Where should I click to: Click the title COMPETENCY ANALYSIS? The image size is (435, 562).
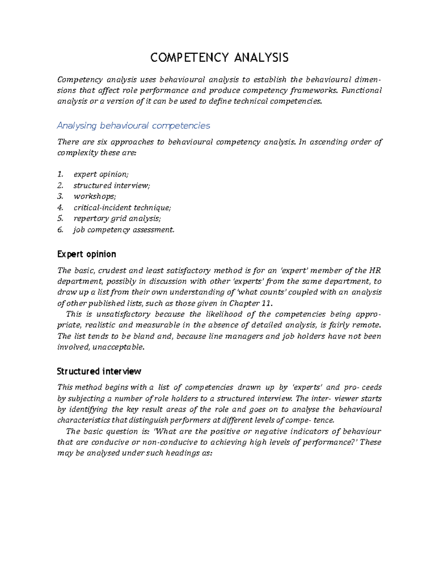click(219, 58)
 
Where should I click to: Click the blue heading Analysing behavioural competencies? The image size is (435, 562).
click(133, 126)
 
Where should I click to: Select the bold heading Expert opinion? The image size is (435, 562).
click(87, 254)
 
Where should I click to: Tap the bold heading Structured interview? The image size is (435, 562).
click(99, 371)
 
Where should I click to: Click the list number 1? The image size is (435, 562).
click(60, 174)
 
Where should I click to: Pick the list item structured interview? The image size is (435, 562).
click(111, 185)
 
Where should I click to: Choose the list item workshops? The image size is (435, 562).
click(94, 196)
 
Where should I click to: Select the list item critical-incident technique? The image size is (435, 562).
click(122, 207)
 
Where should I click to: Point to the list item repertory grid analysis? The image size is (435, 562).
click(117, 218)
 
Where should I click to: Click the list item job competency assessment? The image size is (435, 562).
click(124, 230)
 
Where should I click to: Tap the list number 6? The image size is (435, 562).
click(60, 230)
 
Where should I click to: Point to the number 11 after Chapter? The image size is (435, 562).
click(266, 303)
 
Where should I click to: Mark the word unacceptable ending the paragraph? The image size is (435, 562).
click(119, 347)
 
